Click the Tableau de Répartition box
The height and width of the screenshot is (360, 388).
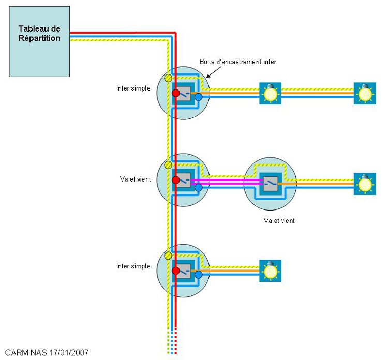pyautogui.click(x=39, y=41)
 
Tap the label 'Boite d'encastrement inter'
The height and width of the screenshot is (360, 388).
pyautogui.click(x=238, y=62)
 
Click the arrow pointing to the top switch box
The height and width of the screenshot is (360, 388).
pyautogui.click(x=214, y=72)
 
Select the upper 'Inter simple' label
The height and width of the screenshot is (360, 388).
pyautogui.click(x=133, y=88)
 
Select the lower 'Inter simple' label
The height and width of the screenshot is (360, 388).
pyautogui.click(x=133, y=266)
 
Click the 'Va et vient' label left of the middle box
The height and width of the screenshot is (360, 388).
pyautogui.click(x=135, y=179)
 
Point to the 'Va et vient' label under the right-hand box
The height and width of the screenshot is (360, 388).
pyautogui.click(x=279, y=221)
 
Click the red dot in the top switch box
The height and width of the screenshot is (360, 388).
pyautogui.click(x=176, y=93)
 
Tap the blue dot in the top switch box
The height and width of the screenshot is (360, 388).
pyautogui.click(x=199, y=97)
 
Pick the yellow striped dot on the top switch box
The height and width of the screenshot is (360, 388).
pyautogui.click(x=168, y=78)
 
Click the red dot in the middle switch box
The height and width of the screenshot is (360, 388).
pyautogui.click(x=176, y=180)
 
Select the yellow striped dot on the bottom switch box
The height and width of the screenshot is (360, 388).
pyautogui.click(x=168, y=256)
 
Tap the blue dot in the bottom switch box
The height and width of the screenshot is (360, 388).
pyautogui.click(x=199, y=274)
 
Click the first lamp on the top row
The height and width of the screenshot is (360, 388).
pyautogui.click(x=270, y=93)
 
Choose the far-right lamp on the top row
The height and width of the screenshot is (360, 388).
pyautogui.click(x=365, y=93)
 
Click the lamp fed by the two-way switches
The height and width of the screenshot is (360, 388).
pyautogui.click(x=365, y=184)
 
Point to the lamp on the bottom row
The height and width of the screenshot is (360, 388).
pyautogui.click(x=270, y=271)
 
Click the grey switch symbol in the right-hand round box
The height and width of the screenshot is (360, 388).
pyautogui.click(x=271, y=184)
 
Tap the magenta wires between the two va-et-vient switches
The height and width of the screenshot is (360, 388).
pyautogui.click(x=227, y=182)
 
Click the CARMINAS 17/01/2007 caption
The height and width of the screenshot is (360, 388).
pyautogui.click(x=47, y=352)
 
